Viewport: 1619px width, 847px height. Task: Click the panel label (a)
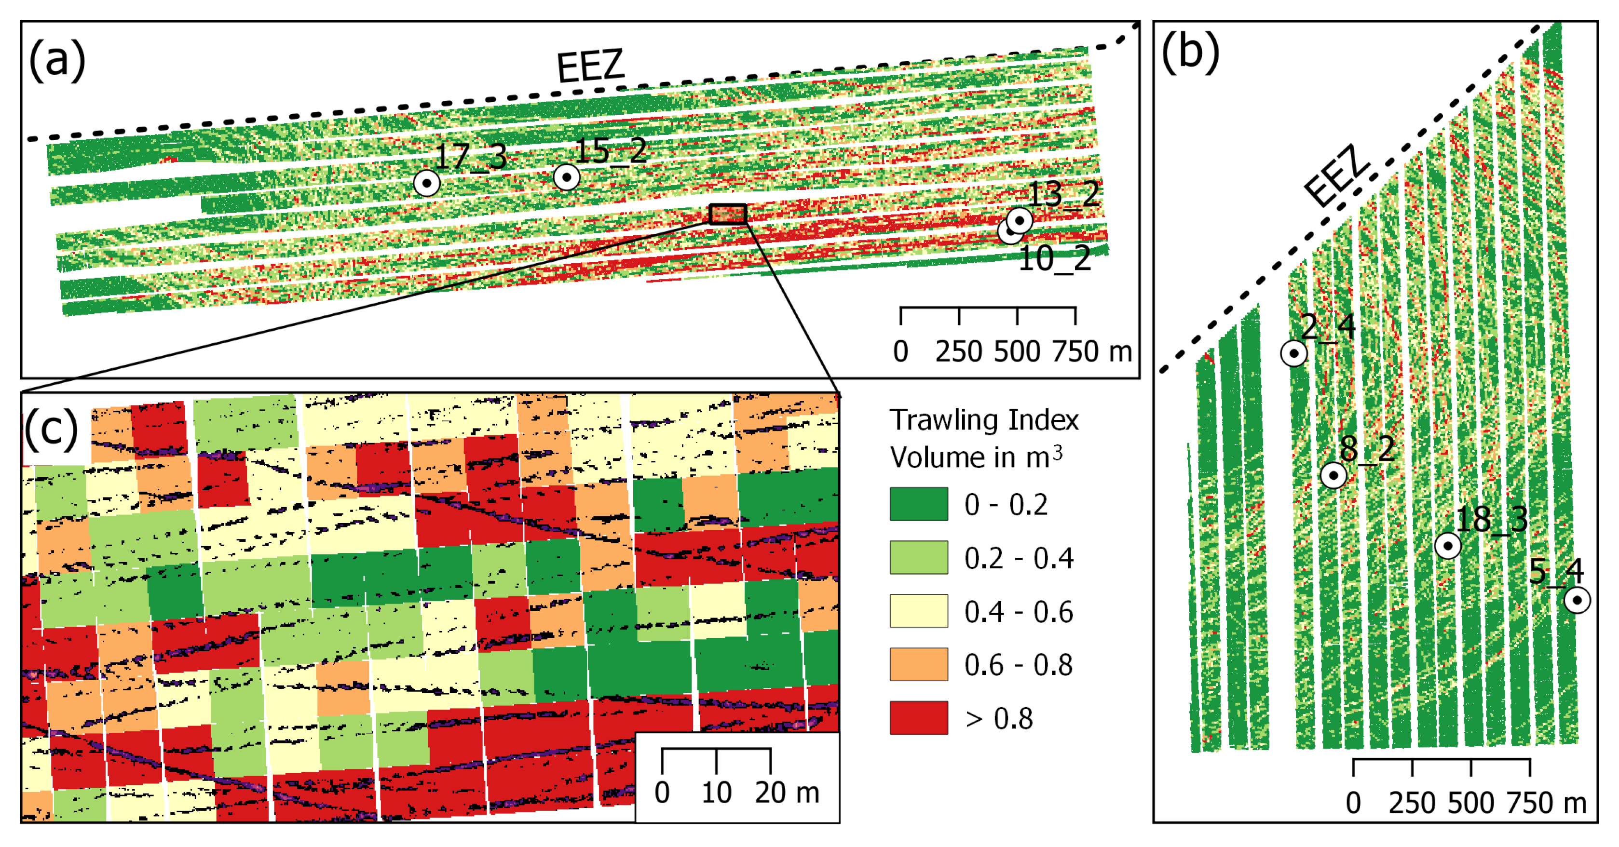tap(56, 60)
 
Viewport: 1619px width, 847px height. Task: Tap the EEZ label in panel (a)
tap(590, 66)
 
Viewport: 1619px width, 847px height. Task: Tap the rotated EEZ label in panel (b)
tap(1336, 175)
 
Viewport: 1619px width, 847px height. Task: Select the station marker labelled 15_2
tap(566, 177)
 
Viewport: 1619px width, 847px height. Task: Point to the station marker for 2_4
tap(1293, 353)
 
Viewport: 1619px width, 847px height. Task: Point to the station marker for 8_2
tap(1333, 475)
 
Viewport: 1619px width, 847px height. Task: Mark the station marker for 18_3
tap(1447, 545)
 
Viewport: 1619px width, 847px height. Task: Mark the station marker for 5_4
tap(1576, 600)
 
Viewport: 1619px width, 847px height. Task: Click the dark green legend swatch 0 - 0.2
tap(918, 504)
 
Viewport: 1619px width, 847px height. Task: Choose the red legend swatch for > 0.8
tap(918, 717)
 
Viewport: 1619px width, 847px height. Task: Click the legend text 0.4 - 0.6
tap(1018, 611)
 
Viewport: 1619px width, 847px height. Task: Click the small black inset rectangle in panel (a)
tap(728, 214)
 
